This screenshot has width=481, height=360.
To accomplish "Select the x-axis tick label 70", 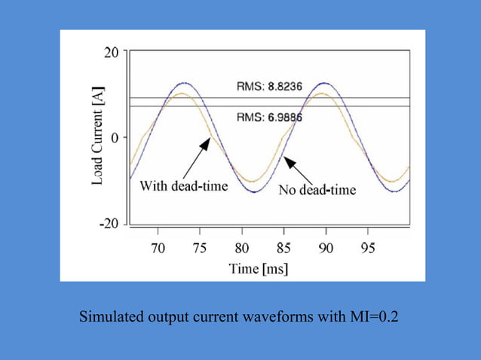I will pos(158,248).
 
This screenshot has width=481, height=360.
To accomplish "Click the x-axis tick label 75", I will pos(200,248).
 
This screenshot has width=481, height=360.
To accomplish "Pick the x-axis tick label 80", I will pos(242,248).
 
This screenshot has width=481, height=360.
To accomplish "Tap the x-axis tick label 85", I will pos(283,248).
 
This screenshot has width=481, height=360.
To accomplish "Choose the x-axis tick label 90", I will pos(325,248).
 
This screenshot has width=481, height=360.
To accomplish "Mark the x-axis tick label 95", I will pos(367,248).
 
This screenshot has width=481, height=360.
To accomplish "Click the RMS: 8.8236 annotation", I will pos(269,87).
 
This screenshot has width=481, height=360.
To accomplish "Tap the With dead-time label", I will pos(184,186).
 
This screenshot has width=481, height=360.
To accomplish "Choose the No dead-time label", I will pos(317,189).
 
